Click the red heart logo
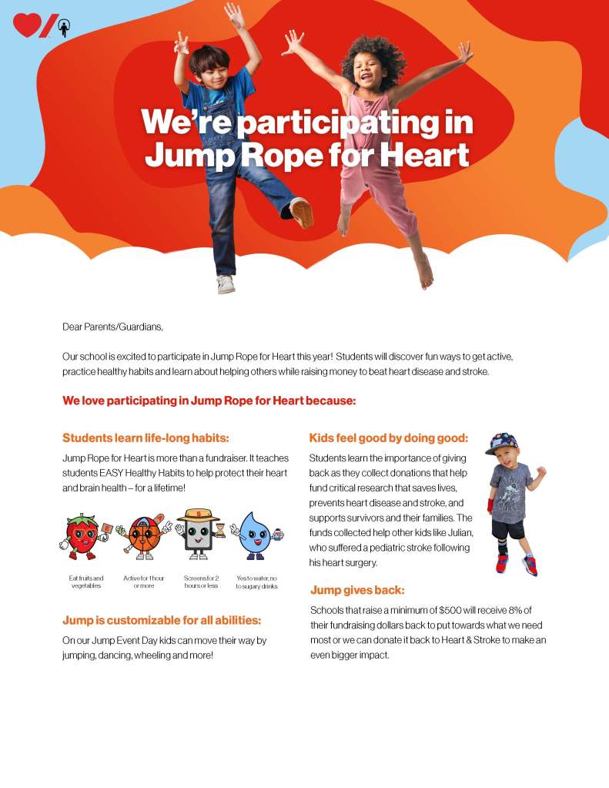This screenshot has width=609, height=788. [27, 25]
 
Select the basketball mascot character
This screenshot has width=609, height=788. [143, 534]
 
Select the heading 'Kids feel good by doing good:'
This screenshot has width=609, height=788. [388, 438]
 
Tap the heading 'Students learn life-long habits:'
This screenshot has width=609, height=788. [146, 438]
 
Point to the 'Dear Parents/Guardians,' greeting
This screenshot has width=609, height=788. [113, 327]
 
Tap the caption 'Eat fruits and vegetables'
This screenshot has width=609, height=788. [85, 582]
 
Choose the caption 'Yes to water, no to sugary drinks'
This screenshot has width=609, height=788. [256, 582]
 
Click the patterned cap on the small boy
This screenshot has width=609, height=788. [502, 443]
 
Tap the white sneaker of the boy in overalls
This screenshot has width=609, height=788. [226, 283]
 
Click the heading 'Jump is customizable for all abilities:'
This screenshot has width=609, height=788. [162, 620]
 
